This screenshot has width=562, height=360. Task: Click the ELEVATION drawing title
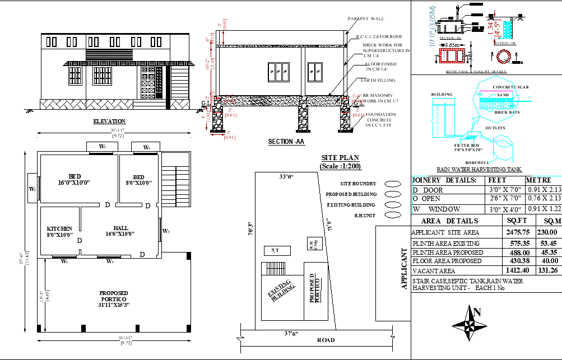point(109,121)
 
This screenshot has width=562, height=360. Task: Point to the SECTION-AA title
point(286,142)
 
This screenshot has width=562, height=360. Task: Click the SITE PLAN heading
point(340,158)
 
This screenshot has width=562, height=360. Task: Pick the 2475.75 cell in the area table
point(517,232)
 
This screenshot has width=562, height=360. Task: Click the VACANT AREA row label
point(434,270)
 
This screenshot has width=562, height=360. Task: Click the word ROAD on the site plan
point(326,340)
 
